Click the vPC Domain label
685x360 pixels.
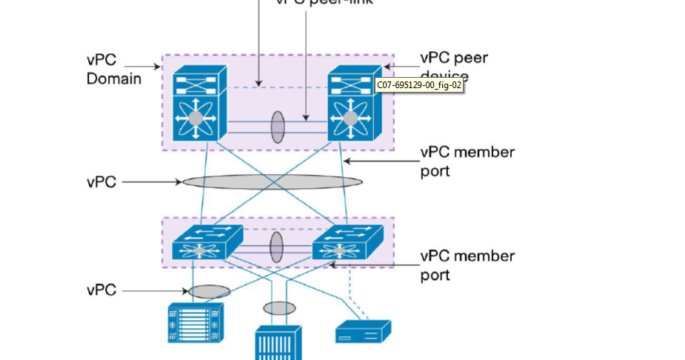point(114,68)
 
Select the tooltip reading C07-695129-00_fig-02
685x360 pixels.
point(419,85)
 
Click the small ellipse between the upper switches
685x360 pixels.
point(277,127)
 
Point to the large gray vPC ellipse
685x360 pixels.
point(272,181)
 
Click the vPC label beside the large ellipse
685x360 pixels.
point(101,181)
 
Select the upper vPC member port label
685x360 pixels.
point(467,161)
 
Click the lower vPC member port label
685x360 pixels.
point(467,265)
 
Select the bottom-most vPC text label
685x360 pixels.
point(101,290)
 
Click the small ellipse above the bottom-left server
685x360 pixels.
point(209,291)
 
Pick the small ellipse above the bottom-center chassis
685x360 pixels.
point(279,307)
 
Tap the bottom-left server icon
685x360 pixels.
point(195,323)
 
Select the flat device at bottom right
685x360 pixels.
point(363,331)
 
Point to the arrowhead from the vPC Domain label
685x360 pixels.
point(159,67)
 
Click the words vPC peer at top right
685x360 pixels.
point(454,58)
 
